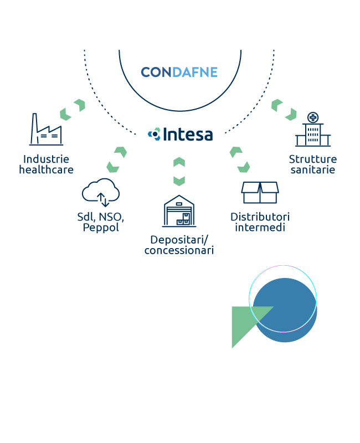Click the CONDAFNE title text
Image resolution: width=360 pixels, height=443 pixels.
click(179, 73)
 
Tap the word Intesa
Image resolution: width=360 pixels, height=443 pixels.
click(187, 134)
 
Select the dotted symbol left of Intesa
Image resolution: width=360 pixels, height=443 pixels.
click(154, 133)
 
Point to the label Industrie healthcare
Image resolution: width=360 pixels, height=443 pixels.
click(46, 164)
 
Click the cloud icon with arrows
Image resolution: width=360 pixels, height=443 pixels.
click(101, 192)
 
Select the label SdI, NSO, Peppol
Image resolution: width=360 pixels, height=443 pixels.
click(101, 221)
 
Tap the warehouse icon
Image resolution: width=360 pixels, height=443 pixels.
click(179, 211)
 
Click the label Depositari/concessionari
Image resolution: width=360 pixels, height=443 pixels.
click(179, 245)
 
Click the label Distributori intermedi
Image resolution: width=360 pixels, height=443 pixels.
click(260, 221)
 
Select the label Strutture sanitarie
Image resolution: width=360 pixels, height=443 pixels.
click(313, 164)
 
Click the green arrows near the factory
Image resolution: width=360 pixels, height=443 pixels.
click(73, 110)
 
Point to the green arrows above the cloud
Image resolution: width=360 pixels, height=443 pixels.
click(117, 159)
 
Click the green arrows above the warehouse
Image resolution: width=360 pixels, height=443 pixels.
click(179, 171)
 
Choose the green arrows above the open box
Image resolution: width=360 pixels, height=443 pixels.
click(240, 159)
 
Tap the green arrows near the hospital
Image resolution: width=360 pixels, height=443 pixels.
click(284, 110)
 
